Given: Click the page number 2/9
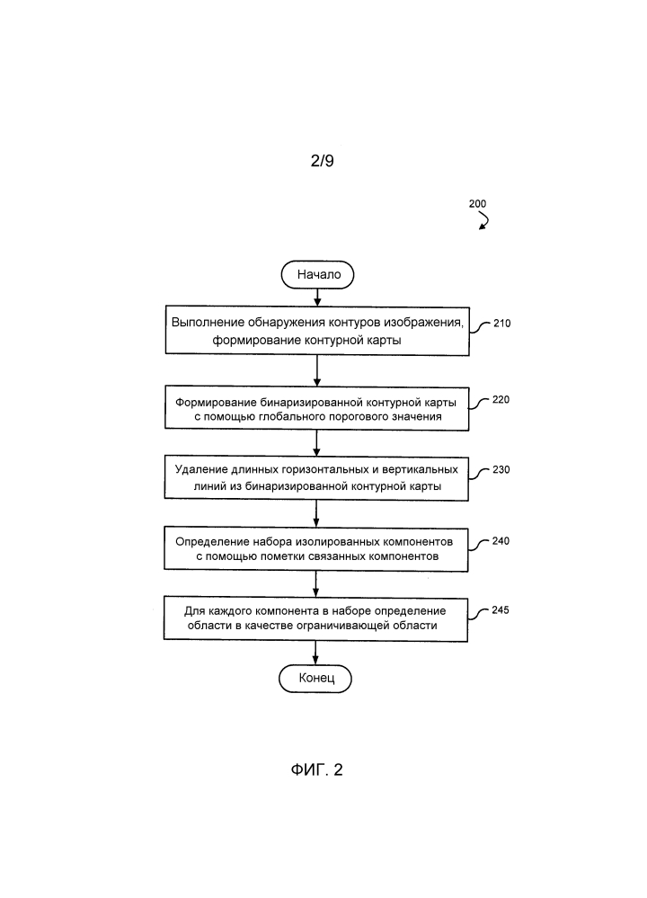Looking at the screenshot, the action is point(323,161).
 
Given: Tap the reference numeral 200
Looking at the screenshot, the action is point(477,204).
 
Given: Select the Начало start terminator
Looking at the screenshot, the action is point(318,275).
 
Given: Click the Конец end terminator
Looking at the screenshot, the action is point(315,678).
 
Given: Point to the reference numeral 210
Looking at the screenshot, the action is point(502,324).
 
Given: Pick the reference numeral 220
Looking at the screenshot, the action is point(501,400).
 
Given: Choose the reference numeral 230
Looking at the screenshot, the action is point(501,469).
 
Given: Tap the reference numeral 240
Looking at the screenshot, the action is point(501,541).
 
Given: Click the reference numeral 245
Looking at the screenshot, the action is point(501,610).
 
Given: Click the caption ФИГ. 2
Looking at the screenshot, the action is point(316,769).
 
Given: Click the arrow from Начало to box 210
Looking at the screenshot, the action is point(318,298).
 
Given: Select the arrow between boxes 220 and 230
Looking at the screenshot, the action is point(316,443).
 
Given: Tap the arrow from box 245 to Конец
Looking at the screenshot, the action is point(315,653).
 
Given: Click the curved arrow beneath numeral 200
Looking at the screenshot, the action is point(485,220).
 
